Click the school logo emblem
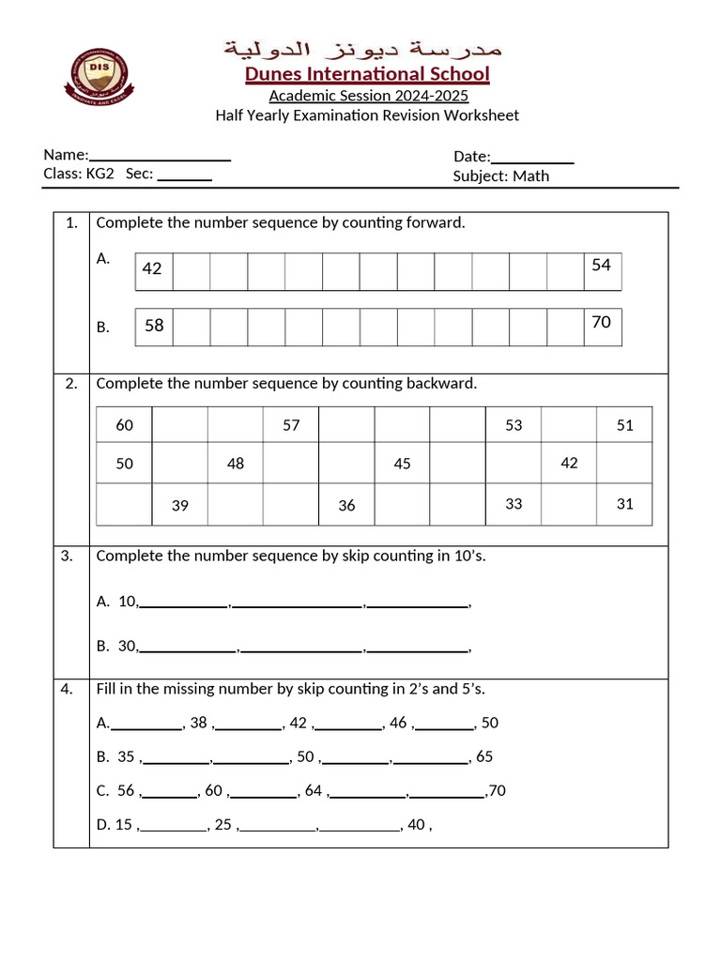(x=99, y=74)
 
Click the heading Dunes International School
(x=367, y=74)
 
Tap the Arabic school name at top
(x=361, y=48)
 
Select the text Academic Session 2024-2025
(x=368, y=96)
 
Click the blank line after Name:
(x=161, y=158)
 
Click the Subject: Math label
(x=500, y=175)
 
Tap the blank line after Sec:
(x=184, y=176)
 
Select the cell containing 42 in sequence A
(x=153, y=269)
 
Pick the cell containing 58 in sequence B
(x=154, y=326)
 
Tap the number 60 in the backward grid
(x=125, y=425)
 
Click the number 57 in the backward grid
(x=291, y=425)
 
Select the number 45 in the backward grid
(x=402, y=464)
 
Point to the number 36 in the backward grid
(x=346, y=506)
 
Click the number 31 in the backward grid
(x=625, y=504)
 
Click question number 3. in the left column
(x=67, y=556)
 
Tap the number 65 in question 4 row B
(x=484, y=756)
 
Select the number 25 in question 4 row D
(x=222, y=825)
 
